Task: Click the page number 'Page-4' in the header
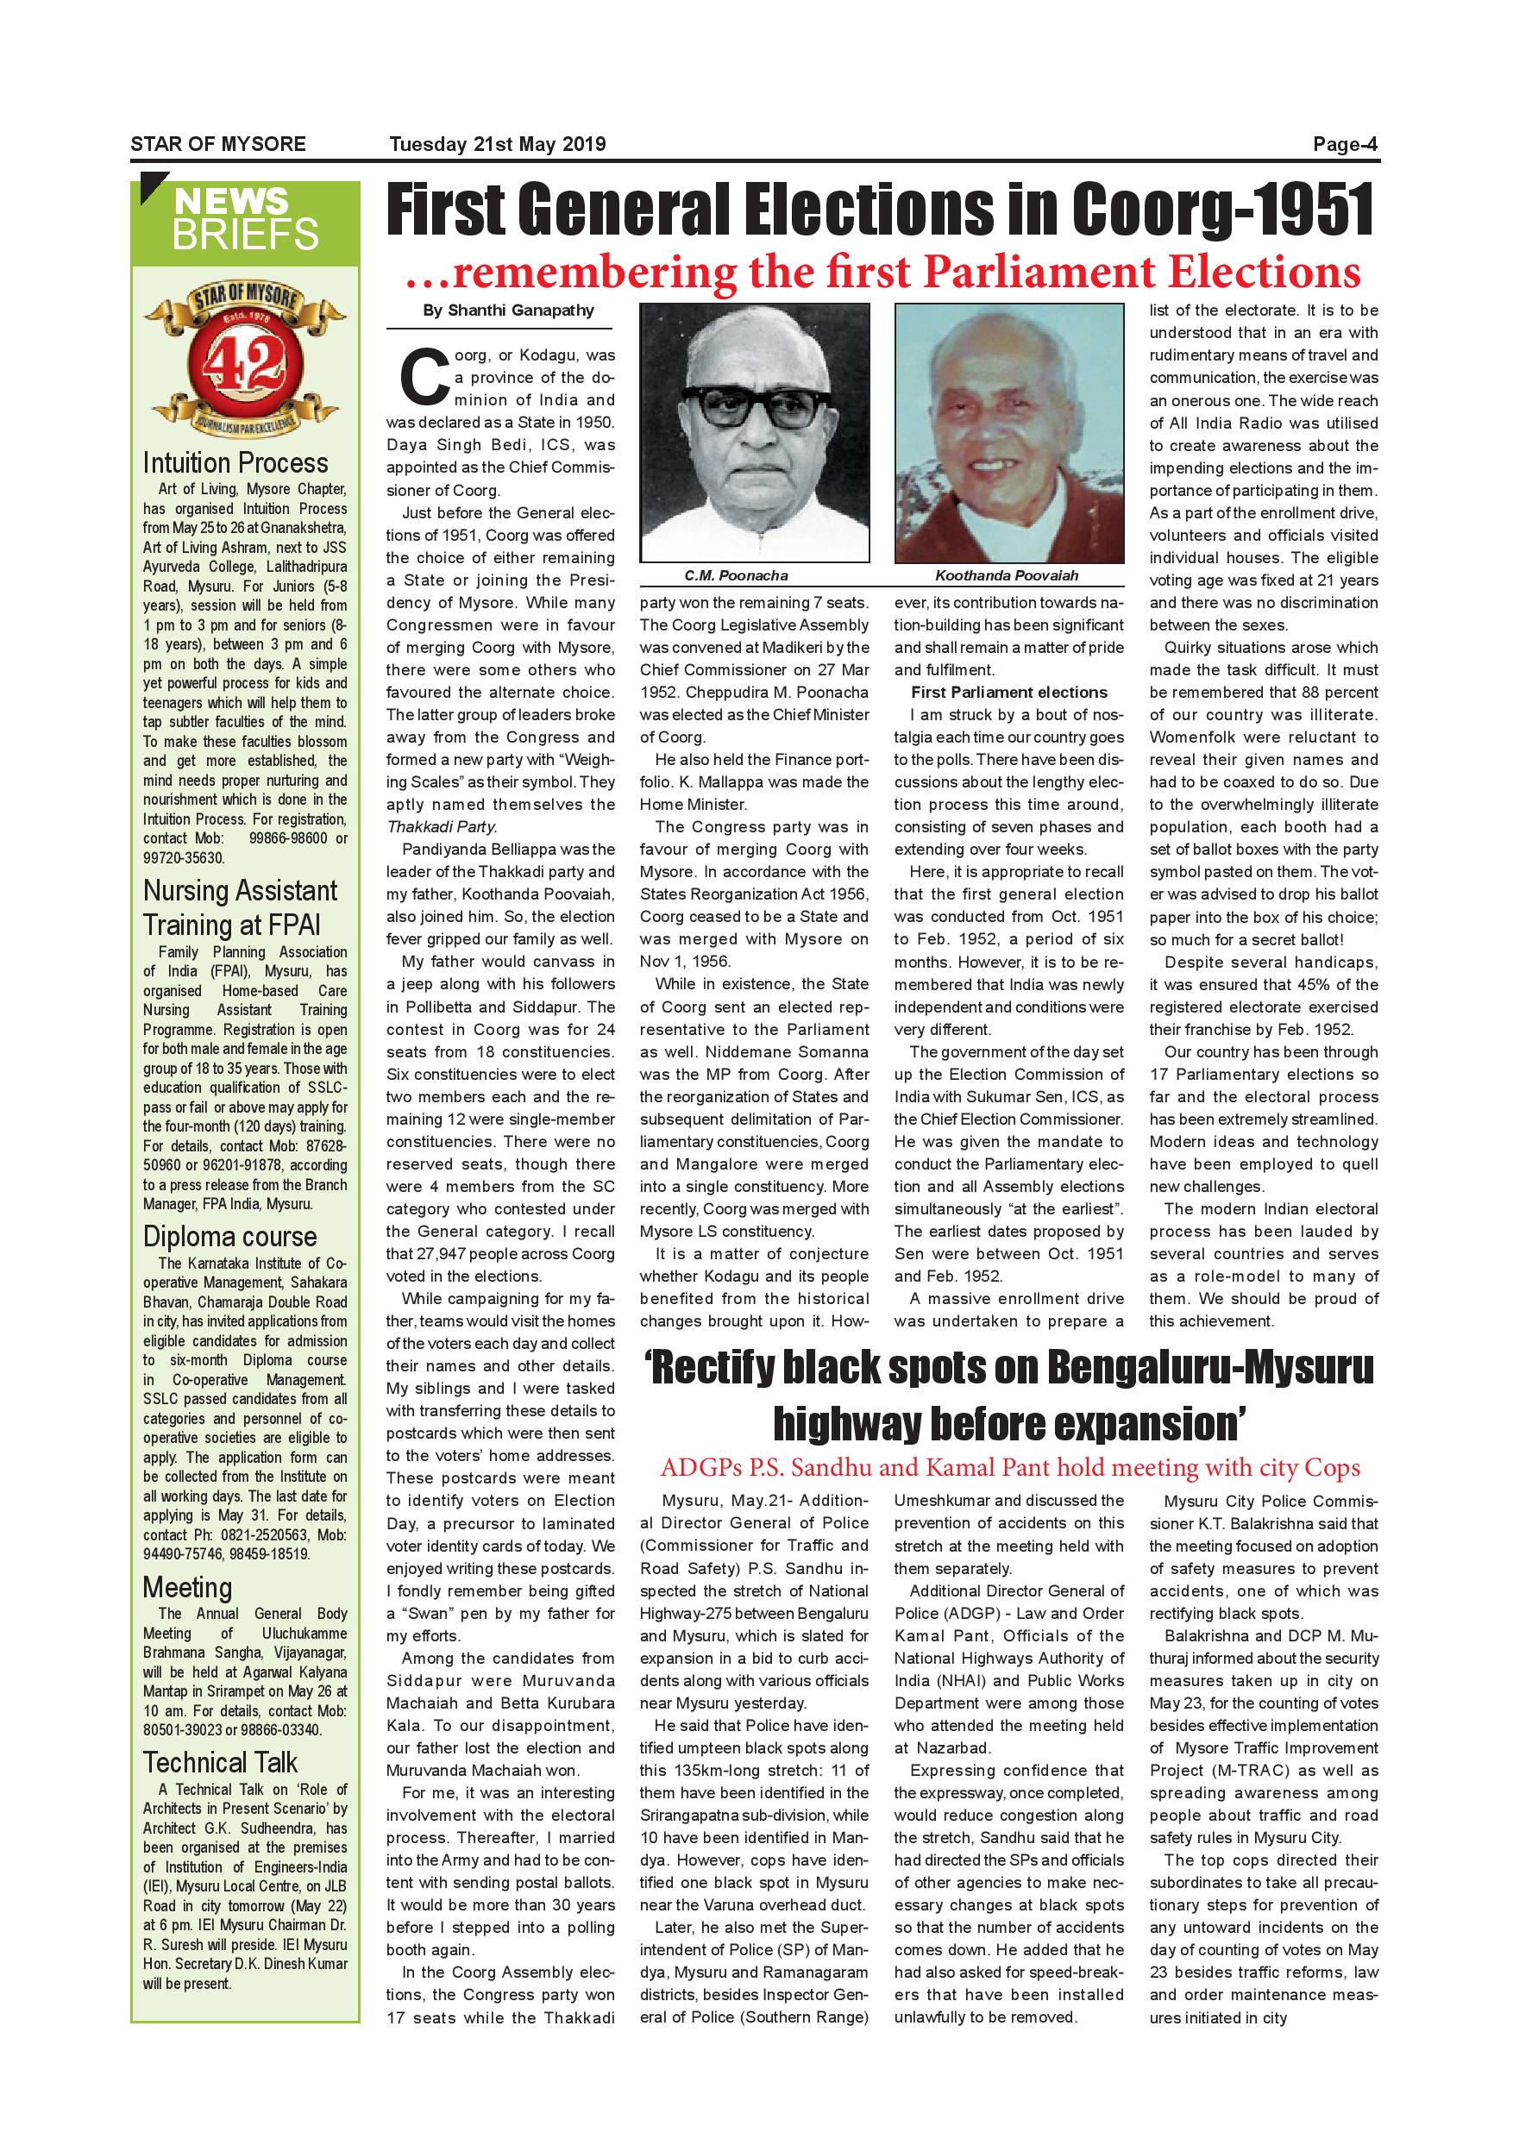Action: click(x=1345, y=144)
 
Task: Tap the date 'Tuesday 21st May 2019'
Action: click(x=498, y=144)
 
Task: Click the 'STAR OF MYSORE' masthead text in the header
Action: click(x=218, y=144)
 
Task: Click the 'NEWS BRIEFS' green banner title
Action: click(x=245, y=220)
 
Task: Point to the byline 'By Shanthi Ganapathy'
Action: click(x=508, y=310)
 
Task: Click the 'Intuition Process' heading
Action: click(x=235, y=463)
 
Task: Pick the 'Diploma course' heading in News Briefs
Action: click(x=230, y=1236)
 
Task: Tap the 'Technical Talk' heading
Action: click(x=220, y=1763)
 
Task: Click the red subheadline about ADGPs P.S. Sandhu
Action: click(x=1010, y=1467)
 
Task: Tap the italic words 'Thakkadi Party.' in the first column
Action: click(x=442, y=826)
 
